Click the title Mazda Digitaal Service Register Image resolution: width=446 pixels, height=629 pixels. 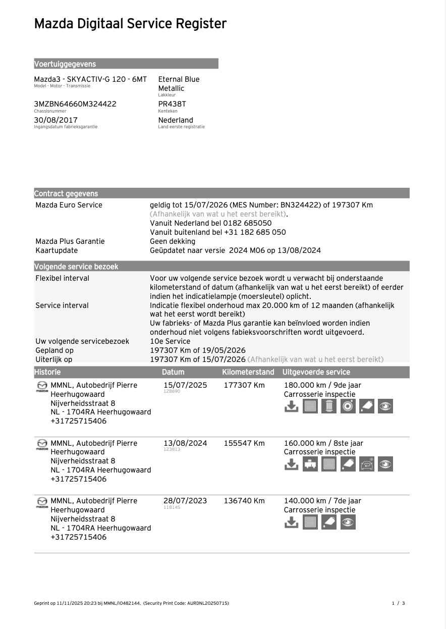[x=130, y=24]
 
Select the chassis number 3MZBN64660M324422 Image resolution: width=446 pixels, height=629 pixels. [x=75, y=104]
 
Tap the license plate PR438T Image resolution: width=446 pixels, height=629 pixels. [x=172, y=104]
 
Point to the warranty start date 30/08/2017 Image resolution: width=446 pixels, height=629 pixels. [x=55, y=120]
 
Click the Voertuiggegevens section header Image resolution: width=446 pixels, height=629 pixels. [x=65, y=64]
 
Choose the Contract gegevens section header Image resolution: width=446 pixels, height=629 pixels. [x=66, y=194]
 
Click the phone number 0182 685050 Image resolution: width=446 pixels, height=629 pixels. [x=247, y=223]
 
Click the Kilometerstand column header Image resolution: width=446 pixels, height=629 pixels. [x=248, y=372]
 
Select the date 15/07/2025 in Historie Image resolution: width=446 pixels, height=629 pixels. [x=185, y=385]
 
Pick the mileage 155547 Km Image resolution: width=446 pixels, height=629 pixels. [x=244, y=443]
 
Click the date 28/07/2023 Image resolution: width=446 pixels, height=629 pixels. [x=185, y=501]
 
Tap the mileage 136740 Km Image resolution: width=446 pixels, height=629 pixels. [x=244, y=501]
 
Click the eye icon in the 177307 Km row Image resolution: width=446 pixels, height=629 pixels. [x=385, y=406]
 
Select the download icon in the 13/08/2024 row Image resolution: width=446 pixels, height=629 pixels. [x=291, y=464]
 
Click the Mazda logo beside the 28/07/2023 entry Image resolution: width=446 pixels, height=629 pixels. [x=42, y=502]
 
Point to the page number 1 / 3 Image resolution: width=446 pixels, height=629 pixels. [x=398, y=603]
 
